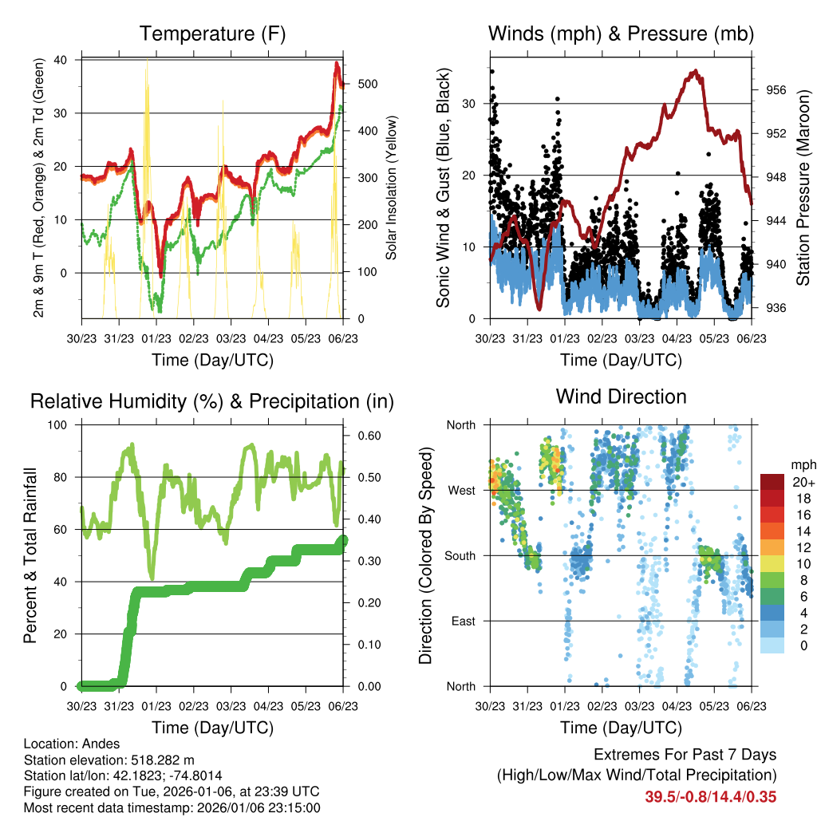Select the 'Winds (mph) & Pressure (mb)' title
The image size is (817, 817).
click(x=621, y=34)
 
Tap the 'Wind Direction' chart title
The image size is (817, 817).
click(x=621, y=397)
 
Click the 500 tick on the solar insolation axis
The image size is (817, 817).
click(x=366, y=84)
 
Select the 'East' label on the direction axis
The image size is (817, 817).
click(x=462, y=621)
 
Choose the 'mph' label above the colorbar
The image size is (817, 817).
click(x=800, y=464)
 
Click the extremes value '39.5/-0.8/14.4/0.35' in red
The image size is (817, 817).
click(x=710, y=796)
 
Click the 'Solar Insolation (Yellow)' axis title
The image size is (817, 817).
click(x=391, y=188)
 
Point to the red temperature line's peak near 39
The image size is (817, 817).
click(x=337, y=63)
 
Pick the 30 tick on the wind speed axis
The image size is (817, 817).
click(x=473, y=104)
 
